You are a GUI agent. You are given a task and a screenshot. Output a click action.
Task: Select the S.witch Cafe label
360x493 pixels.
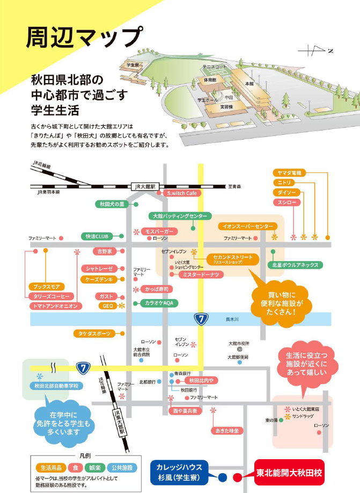(x=182, y=193)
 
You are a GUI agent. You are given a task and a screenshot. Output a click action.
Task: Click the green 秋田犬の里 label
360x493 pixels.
(x=111, y=204)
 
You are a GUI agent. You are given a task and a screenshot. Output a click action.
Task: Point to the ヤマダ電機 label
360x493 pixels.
(x=289, y=172)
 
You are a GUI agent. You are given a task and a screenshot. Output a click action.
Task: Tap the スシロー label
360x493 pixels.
(x=284, y=202)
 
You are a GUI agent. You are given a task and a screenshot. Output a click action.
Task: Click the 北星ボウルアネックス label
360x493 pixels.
(x=296, y=265)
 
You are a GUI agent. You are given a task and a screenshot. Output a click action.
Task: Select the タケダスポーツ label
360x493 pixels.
(x=94, y=334)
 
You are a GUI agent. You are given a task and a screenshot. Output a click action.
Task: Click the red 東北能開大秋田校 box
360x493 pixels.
(x=289, y=473)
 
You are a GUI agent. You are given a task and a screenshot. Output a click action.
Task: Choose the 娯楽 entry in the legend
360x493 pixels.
(x=93, y=468)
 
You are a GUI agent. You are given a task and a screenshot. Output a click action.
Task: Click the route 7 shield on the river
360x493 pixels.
(x=201, y=319)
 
